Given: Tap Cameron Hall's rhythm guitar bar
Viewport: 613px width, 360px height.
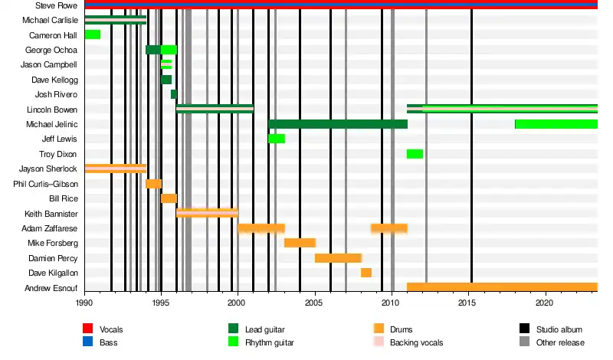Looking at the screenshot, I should coord(92,34).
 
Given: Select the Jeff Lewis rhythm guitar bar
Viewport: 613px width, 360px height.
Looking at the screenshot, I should coord(276,139).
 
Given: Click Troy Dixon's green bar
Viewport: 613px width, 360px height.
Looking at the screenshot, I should coord(415,154).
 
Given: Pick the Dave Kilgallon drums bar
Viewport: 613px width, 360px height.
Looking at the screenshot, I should coord(366,273).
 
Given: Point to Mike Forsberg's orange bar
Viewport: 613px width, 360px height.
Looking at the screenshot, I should coord(300,243).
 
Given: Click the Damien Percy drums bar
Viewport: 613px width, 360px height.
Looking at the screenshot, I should coord(338,258).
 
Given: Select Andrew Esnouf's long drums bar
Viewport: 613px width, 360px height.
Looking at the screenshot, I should coord(502,288).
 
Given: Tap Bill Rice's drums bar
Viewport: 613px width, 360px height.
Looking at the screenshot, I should coord(169,198).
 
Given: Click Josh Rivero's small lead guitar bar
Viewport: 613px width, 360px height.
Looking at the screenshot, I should coord(174,94).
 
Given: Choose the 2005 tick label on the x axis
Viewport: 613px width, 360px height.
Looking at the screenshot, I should coord(315,303).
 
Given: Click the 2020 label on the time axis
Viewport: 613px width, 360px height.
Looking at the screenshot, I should coord(546,303).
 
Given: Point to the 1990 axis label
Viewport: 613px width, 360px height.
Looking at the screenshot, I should coord(84,303).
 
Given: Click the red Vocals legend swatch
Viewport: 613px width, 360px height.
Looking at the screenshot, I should coord(88,329).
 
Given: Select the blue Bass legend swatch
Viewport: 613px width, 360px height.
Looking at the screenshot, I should coord(88,342).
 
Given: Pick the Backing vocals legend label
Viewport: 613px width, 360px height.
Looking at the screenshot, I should coord(417,342).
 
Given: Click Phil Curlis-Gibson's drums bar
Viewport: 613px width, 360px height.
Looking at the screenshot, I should coord(153,184).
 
